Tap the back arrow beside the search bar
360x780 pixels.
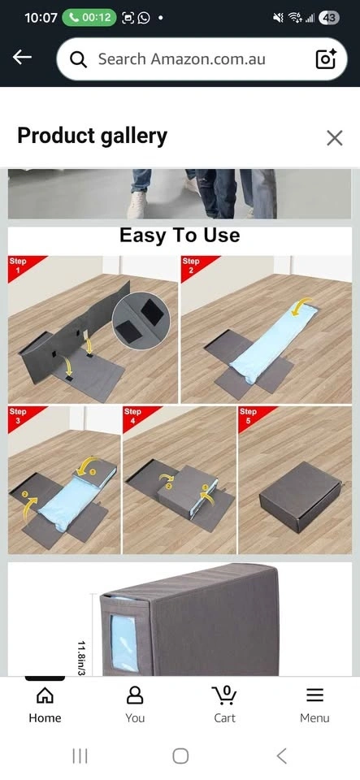point(22,58)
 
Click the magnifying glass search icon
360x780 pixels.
point(78,59)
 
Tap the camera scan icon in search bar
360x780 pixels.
point(326,58)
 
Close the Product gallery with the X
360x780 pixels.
point(335,138)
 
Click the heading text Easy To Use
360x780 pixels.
point(180,235)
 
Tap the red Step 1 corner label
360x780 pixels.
point(23,266)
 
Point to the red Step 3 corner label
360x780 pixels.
point(23,417)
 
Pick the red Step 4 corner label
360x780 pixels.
point(137,417)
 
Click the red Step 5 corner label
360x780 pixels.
point(253,417)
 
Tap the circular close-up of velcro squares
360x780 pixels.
point(141,321)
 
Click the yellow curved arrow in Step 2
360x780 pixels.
point(301,306)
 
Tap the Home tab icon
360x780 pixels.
point(45,695)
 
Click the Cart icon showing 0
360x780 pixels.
point(225,695)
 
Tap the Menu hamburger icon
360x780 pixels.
point(314,695)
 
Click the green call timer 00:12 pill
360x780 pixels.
point(89,18)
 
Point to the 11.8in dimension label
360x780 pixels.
point(82,657)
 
